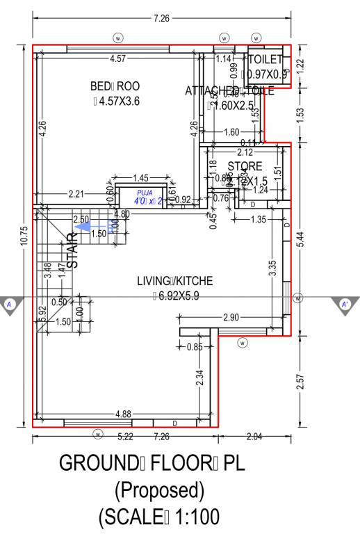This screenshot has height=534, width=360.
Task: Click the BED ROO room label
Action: pos(115,86)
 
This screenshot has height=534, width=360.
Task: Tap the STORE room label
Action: pos(245,166)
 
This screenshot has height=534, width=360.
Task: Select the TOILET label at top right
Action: pos(265,60)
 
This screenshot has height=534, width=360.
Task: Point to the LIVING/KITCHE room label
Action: pos(174,281)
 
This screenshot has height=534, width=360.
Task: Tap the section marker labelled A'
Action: pos(345,305)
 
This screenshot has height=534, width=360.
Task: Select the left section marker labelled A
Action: pos(10,305)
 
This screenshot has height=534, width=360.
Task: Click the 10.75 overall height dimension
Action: pos(24,236)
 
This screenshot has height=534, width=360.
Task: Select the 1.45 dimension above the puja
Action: pos(141,178)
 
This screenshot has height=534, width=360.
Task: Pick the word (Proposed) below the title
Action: pos(160,491)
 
